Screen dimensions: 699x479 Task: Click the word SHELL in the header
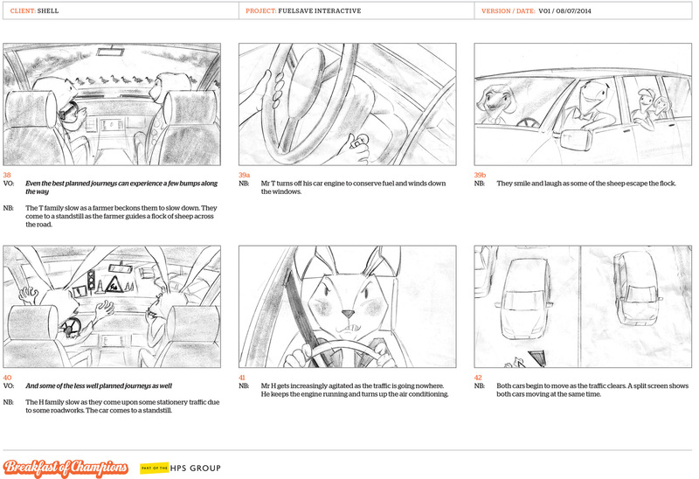[x=48, y=10]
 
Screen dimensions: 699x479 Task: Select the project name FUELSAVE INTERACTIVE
[x=320, y=10]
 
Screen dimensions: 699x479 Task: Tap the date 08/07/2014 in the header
[x=573, y=10]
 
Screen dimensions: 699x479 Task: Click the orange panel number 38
[x=7, y=175]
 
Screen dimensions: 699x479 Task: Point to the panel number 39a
[x=245, y=175]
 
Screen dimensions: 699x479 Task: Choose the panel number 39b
[x=480, y=175]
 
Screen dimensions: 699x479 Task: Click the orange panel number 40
[x=7, y=378]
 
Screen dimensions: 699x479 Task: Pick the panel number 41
[x=242, y=378]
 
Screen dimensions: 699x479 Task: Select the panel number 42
[x=478, y=378]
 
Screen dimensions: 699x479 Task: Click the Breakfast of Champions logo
[x=66, y=468]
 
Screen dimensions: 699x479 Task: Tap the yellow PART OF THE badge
[x=155, y=468]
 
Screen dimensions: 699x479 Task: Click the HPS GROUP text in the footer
[x=195, y=468]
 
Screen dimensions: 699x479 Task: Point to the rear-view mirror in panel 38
[x=110, y=52]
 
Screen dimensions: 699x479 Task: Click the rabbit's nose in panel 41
[x=348, y=314]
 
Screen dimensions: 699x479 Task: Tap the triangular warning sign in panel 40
[x=114, y=285]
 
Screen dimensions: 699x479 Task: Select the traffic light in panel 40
[x=92, y=281]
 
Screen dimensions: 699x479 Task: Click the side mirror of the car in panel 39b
[x=576, y=139]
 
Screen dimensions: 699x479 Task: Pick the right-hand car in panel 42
[x=636, y=288]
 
